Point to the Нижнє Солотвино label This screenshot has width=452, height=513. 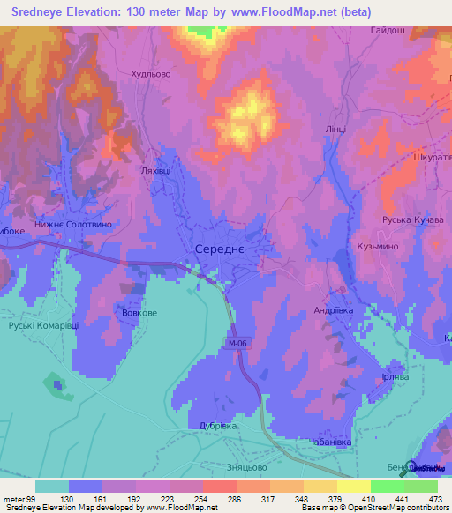[x=75, y=226]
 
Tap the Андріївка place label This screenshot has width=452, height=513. [x=335, y=310]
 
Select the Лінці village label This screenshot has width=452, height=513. [x=335, y=129]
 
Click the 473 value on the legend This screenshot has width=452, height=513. [x=433, y=497]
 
